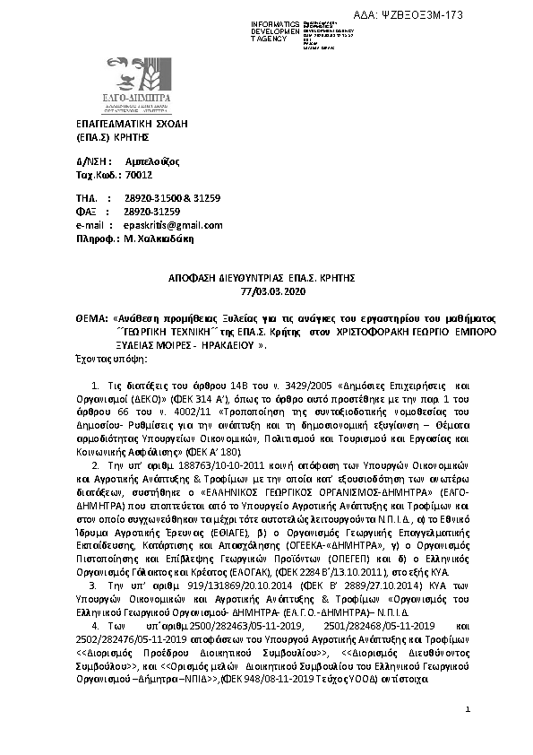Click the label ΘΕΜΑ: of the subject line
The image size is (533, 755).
[x=90, y=318]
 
